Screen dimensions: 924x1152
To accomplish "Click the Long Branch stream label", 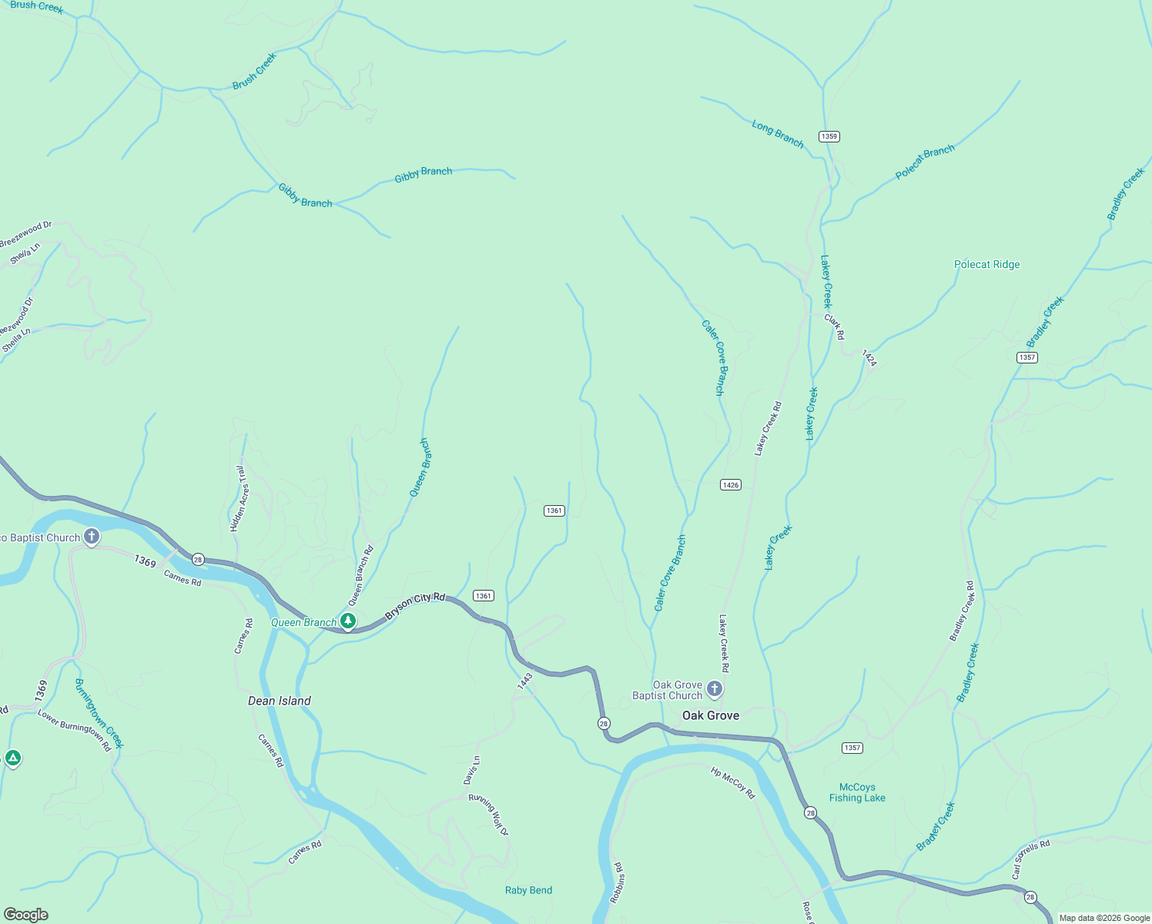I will [778, 134].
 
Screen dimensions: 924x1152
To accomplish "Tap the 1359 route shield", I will [829, 136].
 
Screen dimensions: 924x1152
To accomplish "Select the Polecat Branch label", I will [925, 162].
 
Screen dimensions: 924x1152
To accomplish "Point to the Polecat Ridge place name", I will [986, 264].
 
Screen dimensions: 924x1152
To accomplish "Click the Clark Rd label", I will [835, 326].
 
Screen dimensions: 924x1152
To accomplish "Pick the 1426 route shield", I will [730, 484].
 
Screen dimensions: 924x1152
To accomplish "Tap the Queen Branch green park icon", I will [348, 621].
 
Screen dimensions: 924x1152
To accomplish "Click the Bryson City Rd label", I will [415, 606].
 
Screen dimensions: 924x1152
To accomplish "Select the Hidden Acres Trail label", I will [239, 498].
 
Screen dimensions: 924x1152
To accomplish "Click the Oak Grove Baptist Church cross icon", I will [715, 689].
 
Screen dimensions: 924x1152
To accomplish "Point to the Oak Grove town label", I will [710, 715].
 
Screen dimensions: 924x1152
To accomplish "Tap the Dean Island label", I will [279, 701].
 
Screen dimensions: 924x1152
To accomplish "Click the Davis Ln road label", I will [472, 770].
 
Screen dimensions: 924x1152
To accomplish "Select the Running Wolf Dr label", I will [489, 815].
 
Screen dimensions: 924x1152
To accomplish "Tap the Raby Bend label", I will [528, 890].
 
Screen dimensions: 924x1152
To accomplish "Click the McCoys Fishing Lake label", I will [857, 792].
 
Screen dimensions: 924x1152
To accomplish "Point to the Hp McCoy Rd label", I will [732, 782].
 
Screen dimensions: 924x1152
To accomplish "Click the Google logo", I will [26, 914].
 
